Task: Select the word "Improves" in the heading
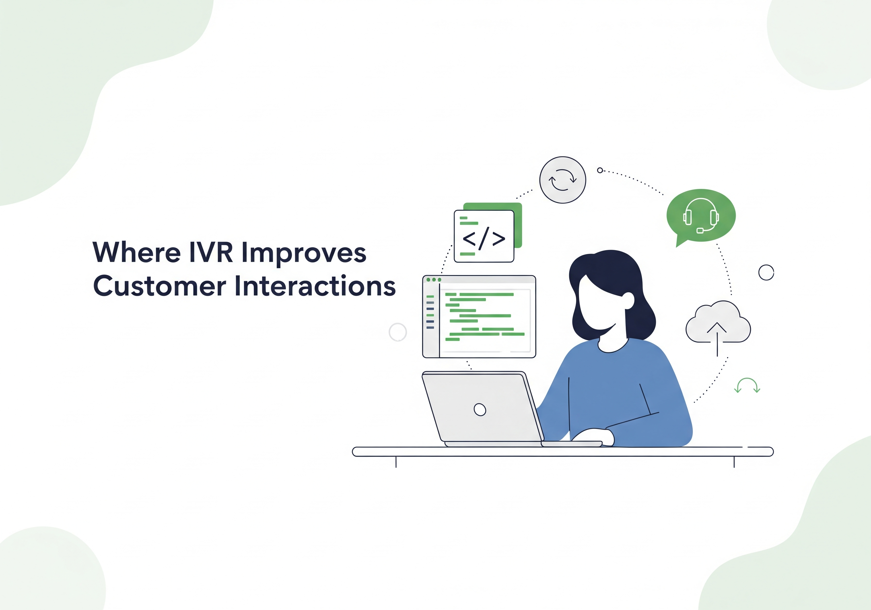303,253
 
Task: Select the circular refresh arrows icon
563,180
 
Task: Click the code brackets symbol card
484,236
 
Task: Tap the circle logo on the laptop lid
480,410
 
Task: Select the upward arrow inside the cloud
717,339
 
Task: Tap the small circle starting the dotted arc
600,170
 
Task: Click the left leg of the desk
396,462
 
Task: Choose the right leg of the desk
734,462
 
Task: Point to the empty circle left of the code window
398,332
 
